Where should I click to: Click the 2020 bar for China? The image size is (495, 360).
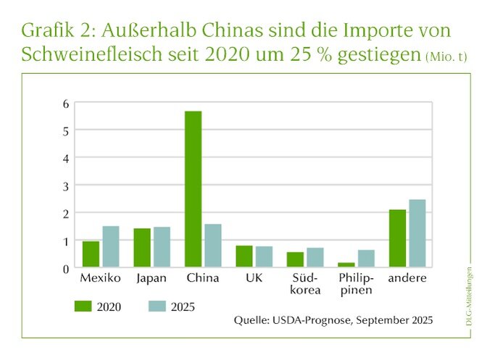(193, 189)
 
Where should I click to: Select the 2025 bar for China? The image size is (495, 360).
(212, 246)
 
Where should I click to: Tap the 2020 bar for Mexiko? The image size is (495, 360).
(91, 254)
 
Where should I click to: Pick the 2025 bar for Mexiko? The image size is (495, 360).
(110, 247)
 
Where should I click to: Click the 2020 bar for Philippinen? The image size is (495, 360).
(346, 265)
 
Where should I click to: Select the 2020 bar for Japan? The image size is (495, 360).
(141, 248)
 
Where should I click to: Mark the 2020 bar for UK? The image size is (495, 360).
(244, 256)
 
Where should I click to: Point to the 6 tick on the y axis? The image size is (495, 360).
(65, 103)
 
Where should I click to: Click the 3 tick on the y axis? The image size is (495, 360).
(65, 185)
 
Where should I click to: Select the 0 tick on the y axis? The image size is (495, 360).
(65, 268)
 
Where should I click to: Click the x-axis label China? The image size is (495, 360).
(203, 278)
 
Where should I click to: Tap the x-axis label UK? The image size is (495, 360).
(254, 278)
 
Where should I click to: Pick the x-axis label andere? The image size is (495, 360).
(407, 278)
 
